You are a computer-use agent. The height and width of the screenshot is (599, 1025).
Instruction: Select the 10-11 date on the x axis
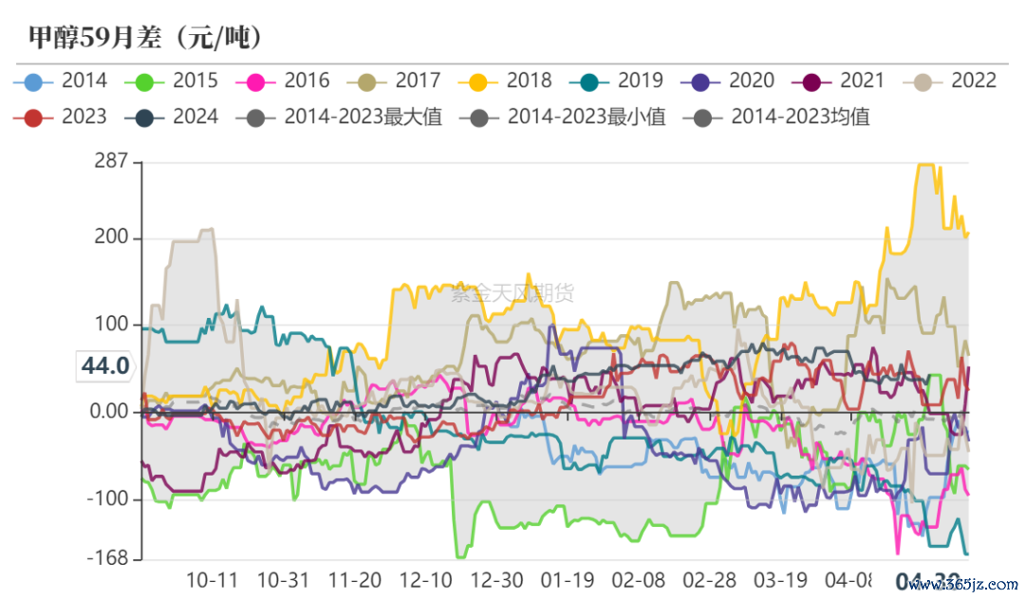(x=212, y=580)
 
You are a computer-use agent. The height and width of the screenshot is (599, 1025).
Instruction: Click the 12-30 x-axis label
(x=496, y=580)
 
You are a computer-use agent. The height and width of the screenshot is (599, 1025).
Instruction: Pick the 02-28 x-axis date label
(x=709, y=580)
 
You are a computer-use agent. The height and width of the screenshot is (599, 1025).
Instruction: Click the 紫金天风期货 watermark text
(x=512, y=293)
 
